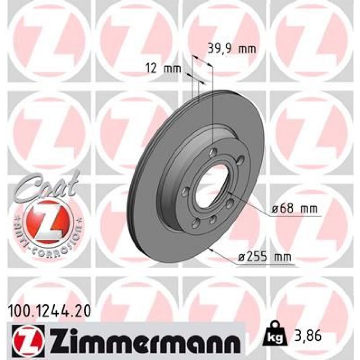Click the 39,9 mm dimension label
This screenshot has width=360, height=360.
[232, 49]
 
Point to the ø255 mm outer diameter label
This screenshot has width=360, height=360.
[265, 257]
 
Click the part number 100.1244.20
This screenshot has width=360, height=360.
[49, 309]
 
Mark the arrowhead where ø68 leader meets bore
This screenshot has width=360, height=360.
[230, 194]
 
